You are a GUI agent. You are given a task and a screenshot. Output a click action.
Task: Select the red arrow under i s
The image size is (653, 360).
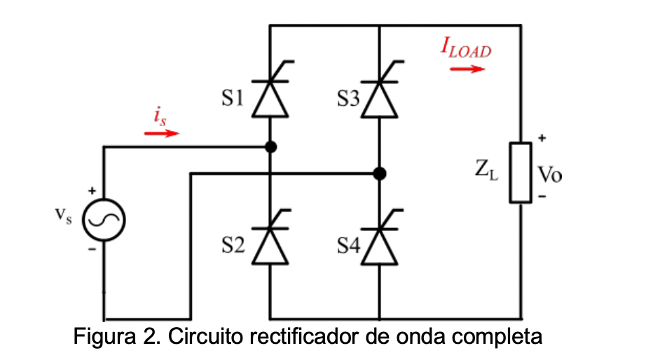pos(162,133)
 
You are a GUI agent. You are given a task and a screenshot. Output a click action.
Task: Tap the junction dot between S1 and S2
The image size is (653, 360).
pos(270,147)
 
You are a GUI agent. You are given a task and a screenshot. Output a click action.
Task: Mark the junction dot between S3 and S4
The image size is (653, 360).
pos(379,173)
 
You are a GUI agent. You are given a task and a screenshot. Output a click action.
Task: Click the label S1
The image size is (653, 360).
pos(233,99)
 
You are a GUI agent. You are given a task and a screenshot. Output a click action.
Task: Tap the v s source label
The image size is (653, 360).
pos(64,216)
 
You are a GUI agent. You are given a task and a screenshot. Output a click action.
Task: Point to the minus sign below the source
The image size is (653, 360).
pos(92,249)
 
